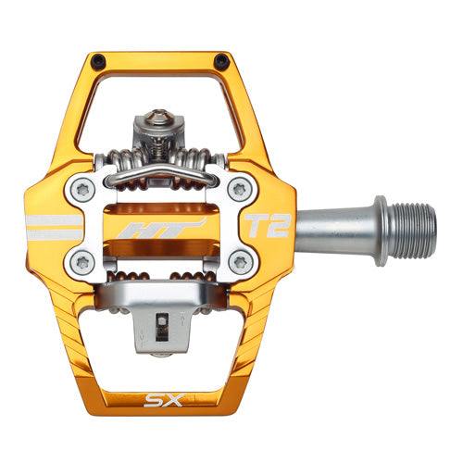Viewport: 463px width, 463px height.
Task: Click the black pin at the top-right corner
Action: tap(220, 61)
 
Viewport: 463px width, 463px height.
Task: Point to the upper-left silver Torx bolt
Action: tap(81, 189)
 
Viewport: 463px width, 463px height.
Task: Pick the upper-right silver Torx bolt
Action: tap(239, 189)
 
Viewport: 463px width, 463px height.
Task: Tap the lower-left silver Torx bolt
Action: tap(81, 260)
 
